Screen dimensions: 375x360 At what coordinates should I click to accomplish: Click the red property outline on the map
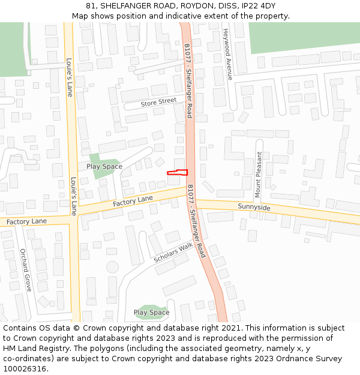pyautogui.click(x=177, y=173)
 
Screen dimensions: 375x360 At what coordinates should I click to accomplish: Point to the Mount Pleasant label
pyautogui.click(x=259, y=174)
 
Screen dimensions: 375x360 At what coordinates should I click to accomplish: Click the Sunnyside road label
pyautogui.click(x=254, y=208)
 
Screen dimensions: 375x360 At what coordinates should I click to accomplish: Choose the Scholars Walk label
pyautogui.click(x=173, y=252)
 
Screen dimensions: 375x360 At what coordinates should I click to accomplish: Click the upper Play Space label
pyautogui.click(x=104, y=167)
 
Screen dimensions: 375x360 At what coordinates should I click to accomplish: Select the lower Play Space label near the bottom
pyautogui.click(x=151, y=313)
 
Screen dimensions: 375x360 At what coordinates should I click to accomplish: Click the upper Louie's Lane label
pyautogui.click(x=69, y=77)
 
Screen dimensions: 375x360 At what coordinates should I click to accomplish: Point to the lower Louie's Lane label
pyautogui.click(x=73, y=196)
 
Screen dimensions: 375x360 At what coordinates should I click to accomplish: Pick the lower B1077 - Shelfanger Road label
pyautogui.click(x=196, y=221)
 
